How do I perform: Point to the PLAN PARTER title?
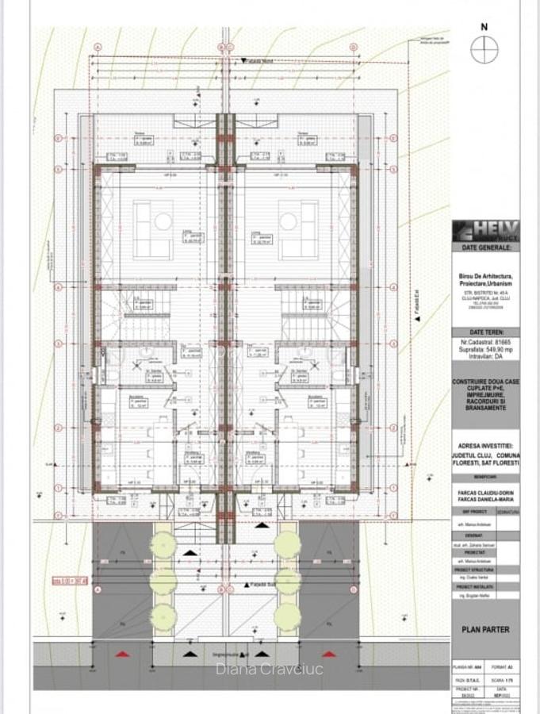[x=485, y=630]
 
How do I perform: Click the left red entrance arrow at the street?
[x=122, y=654]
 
